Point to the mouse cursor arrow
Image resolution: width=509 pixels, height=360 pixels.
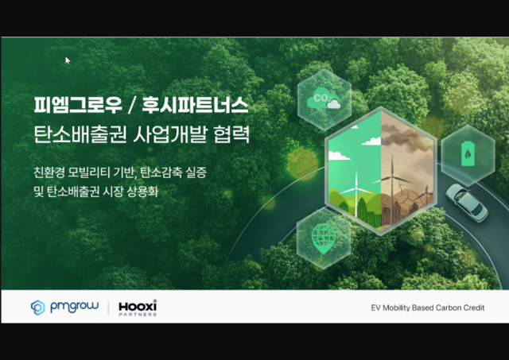point(68,60)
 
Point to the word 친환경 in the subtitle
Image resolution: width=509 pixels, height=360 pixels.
point(50,171)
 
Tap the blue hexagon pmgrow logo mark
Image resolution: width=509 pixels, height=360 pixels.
point(37,307)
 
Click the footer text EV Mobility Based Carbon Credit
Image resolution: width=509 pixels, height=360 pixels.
point(427,308)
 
